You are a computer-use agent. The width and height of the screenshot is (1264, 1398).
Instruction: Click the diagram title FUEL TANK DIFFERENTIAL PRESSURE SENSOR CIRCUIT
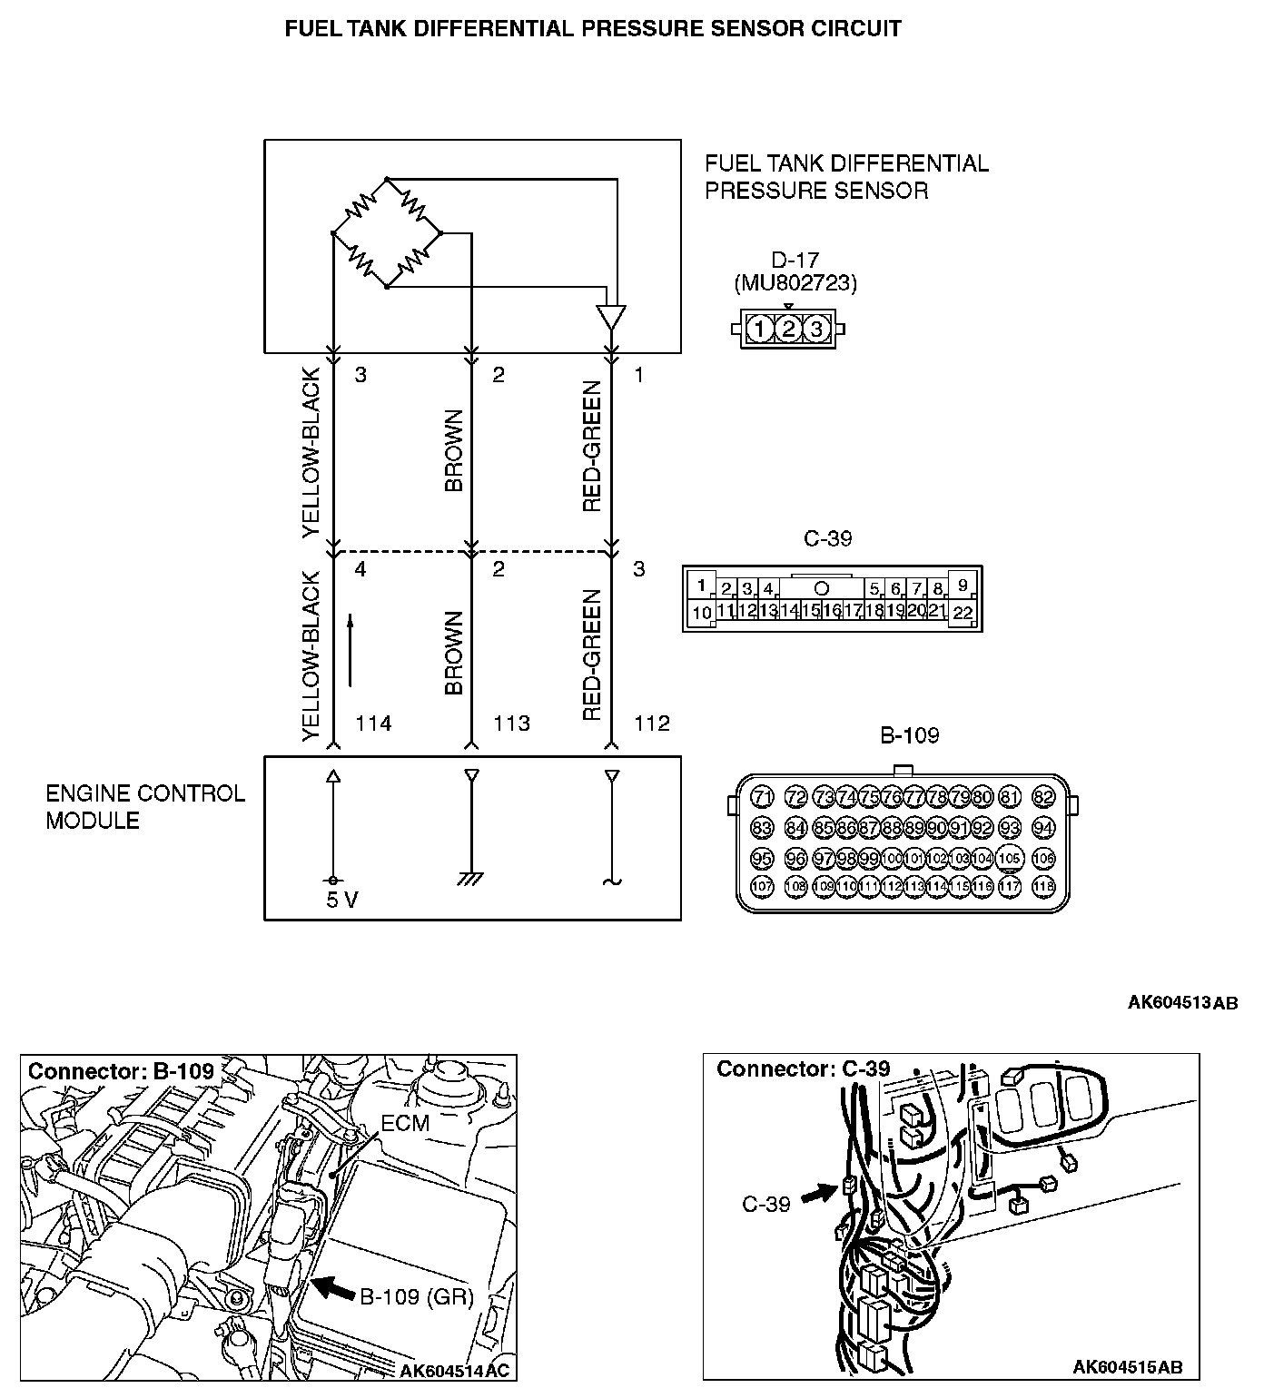pyautogui.click(x=593, y=28)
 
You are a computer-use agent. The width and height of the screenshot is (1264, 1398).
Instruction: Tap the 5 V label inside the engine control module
pyautogui.click(x=341, y=901)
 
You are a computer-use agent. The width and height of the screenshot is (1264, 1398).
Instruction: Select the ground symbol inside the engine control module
pyautogui.click(x=470, y=879)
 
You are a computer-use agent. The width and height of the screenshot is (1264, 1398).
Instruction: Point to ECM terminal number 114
pyautogui.click(x=372, y=724)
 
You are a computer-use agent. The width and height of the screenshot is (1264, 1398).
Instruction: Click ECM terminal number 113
pyautogui.click(x=511, y=724)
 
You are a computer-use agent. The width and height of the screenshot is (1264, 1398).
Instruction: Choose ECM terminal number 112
pyautogui.click(x=651, y=724)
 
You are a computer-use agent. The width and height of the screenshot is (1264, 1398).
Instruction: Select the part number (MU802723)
pyautogui.click(x=795, y=283)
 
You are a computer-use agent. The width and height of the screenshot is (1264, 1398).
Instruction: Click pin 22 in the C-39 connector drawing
pyautogui.click(x=963, y=613)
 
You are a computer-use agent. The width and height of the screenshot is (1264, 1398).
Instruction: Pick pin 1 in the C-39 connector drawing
pyautogui.click(x=701, y=586)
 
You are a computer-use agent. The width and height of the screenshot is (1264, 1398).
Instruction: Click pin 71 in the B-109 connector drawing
pyautogui.click(x=763, y=798)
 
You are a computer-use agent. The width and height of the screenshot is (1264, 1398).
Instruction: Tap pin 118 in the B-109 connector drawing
pyautogui.click(x=1043, y=886)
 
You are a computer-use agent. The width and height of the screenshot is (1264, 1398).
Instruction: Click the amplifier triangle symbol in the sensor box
pyautogui.click(x=611, y=318)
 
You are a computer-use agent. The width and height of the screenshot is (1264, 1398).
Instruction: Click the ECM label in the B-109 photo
pyautogui.click(x=405, y=1123)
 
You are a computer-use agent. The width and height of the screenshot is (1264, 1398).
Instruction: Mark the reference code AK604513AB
pyautogui.click(x=1182, y=1003)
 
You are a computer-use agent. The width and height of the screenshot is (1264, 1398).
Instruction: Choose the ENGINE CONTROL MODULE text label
pyautogui.click(x=145, y=807)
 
